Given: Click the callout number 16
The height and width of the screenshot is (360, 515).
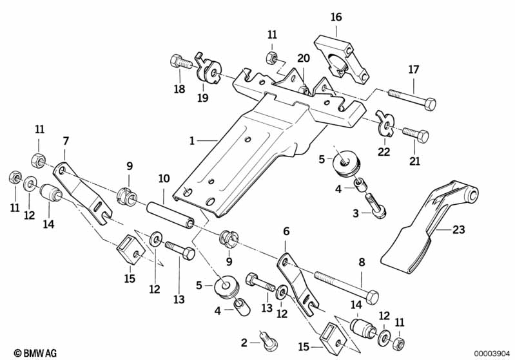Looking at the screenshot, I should click(x=336, y=17).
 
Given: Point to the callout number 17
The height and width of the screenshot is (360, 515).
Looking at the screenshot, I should click(x=413, y=69).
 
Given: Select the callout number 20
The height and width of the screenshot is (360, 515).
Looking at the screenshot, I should click(x=304, y=57).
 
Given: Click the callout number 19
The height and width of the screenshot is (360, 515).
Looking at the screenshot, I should click(x=202, y=98).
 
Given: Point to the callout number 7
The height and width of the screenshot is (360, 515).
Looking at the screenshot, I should click(x=65, y=140).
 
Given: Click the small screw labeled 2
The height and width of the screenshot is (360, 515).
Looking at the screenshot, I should click(x=266, y=336).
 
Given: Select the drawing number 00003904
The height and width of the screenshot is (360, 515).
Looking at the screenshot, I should click(x=492, y=352).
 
